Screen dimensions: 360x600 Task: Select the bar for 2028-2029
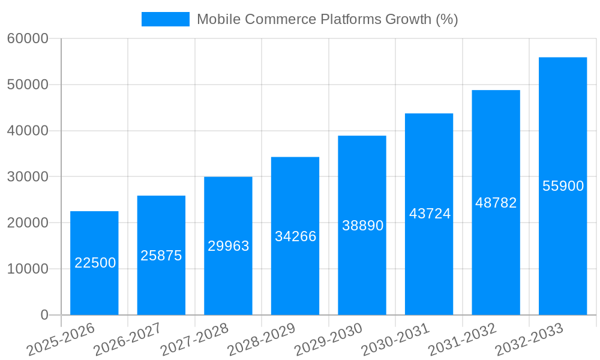(x=295, y=264)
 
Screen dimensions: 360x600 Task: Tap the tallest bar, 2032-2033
(x=563, y=240)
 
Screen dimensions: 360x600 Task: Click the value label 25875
(x=161, y=256)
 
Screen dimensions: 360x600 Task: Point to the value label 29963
(x=229, y=246)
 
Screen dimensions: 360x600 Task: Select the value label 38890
(x=362, y=226)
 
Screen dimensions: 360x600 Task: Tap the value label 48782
(x=496, y=203)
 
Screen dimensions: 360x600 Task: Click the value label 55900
(x=563, y=186)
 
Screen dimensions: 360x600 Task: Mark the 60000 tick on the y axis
(x=28, y=39)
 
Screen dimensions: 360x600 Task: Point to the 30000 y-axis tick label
(x=28, y=177)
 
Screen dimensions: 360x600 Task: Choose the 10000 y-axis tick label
(x=28, y=269)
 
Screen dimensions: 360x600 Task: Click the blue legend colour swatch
(x=166, y=19)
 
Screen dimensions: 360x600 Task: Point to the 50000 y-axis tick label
(x=28, y=85)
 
